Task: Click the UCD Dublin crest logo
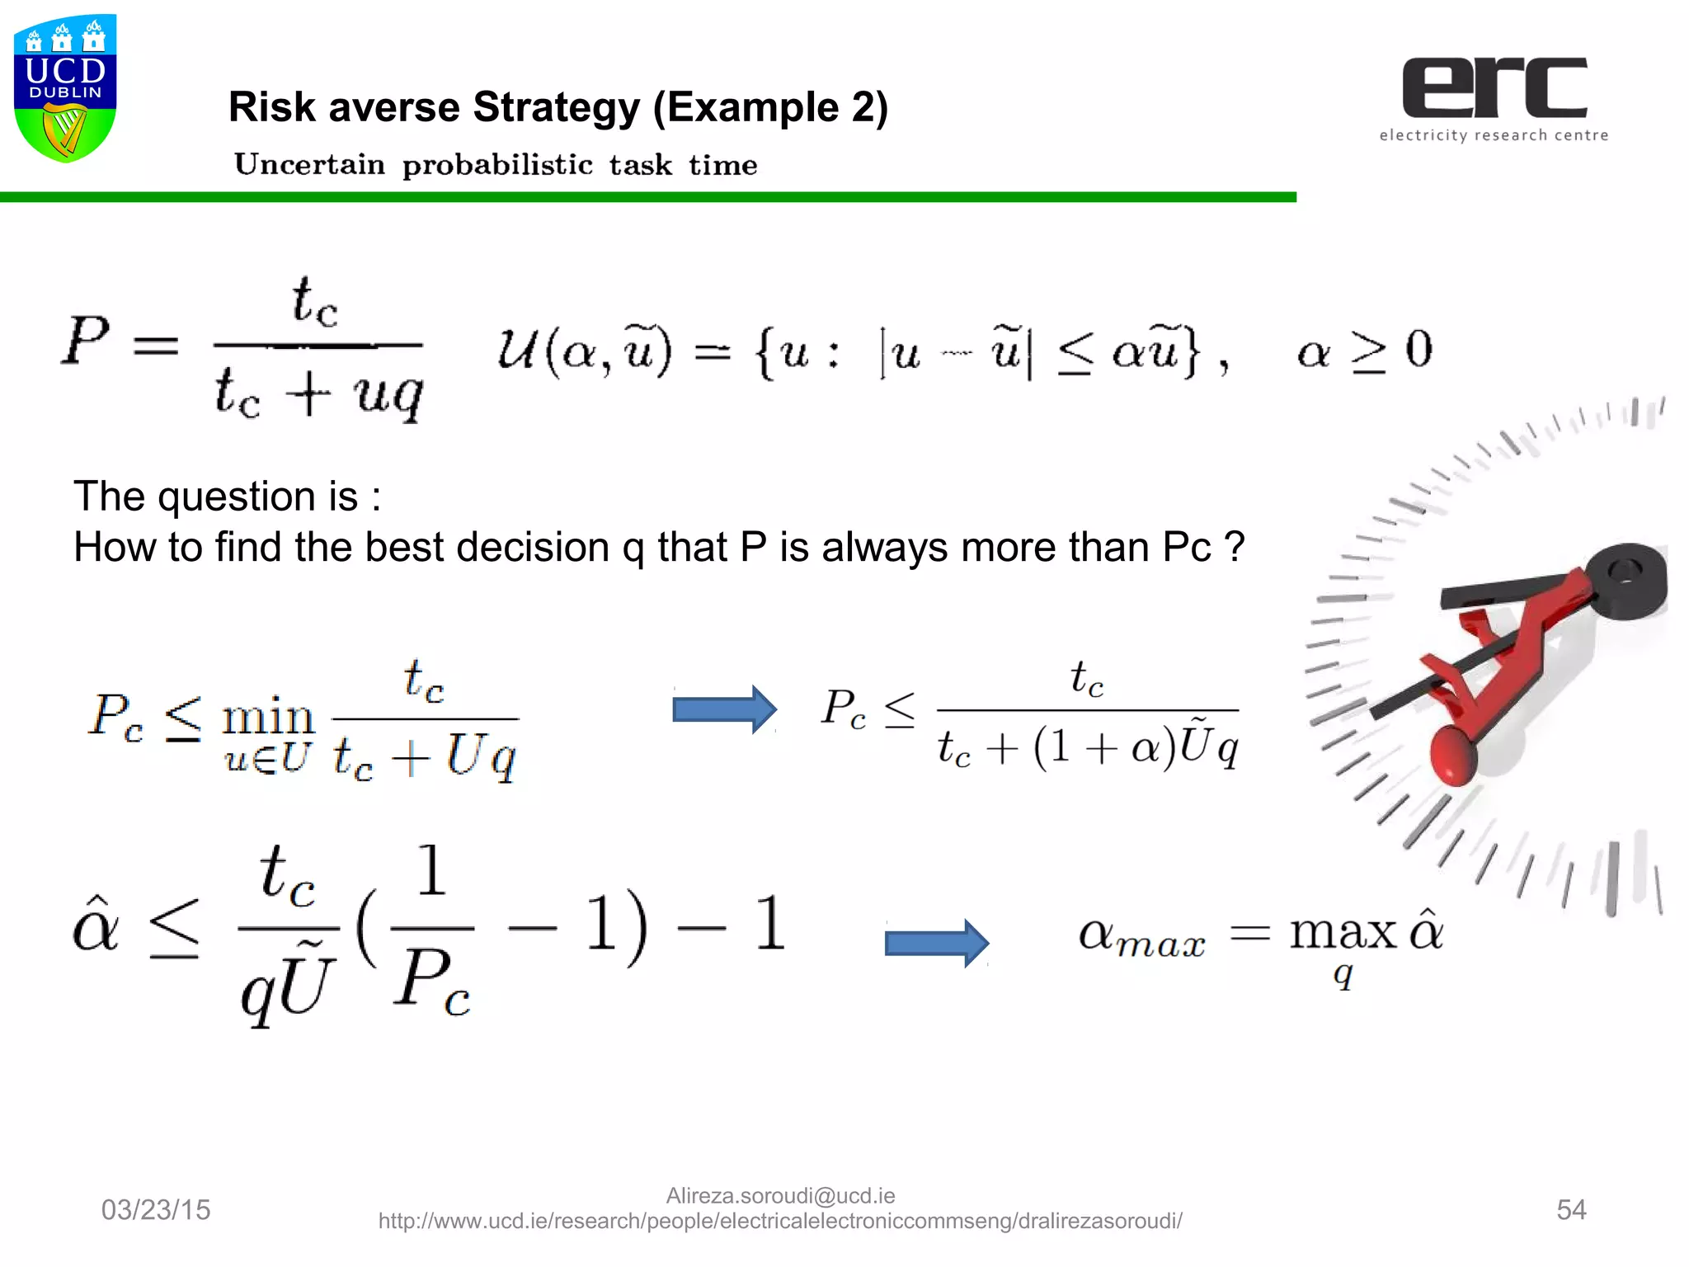point(65,87)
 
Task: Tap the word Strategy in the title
point(556,107)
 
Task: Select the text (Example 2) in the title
point(770,107)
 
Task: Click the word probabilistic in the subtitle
point(497,165)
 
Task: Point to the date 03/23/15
point(156,1209)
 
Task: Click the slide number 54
point(1571,1209)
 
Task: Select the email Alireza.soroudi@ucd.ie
point(780,1195)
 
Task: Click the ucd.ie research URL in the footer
point(780,1222)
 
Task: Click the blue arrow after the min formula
point(724,709)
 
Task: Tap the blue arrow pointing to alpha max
point(936,942)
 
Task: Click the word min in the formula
point(268,718)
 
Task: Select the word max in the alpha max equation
point(1343,933)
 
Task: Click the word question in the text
point(257,497)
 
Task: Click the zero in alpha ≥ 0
point(1418,349)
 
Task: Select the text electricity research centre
point(1494,135)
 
